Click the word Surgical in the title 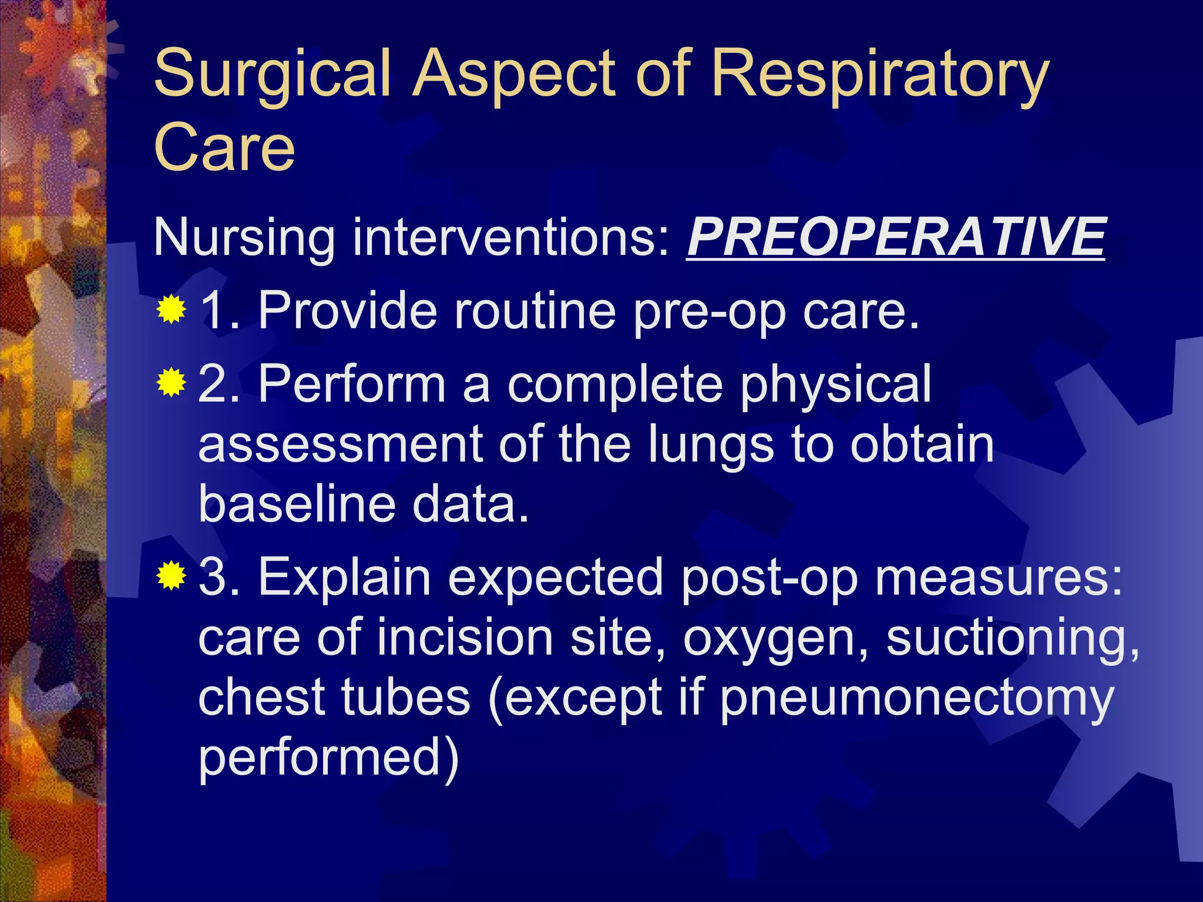pyautogui.click(x=273, y=75)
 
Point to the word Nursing pyautogui.click(x=244, y=238)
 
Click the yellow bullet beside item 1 pyautogui.click(x=171, y=309)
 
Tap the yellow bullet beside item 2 pyautogui.click(x=171, y=383)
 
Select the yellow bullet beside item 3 pyautogui.click(x=171, y=575)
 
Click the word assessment pyautogui.click(x=341, y=445)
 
